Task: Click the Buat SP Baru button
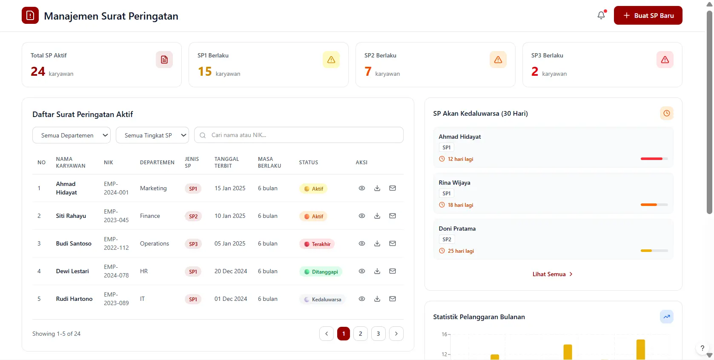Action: coord(648,15)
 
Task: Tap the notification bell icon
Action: coord(601,15)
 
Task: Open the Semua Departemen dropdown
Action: coord(71,135)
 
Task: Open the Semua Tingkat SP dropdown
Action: coord(152,135)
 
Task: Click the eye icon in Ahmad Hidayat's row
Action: coord(361,188)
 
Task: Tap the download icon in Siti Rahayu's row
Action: coord(377,216)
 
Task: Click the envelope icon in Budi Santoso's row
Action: coord(392,243)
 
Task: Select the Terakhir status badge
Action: coord(317,244)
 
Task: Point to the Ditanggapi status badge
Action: coord(321,271)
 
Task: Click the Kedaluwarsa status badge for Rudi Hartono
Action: coord(322,299)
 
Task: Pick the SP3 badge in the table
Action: coord(193,244)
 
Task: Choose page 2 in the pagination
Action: coord(360,334)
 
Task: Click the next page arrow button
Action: coord(396,334)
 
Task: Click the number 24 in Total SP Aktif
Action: coord(38,71)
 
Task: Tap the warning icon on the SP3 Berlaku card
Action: coord(665,60)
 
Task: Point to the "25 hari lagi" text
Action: coord(461,251)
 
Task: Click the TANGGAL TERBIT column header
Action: coord(227,162)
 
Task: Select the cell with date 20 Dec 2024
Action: coord(231,271)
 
